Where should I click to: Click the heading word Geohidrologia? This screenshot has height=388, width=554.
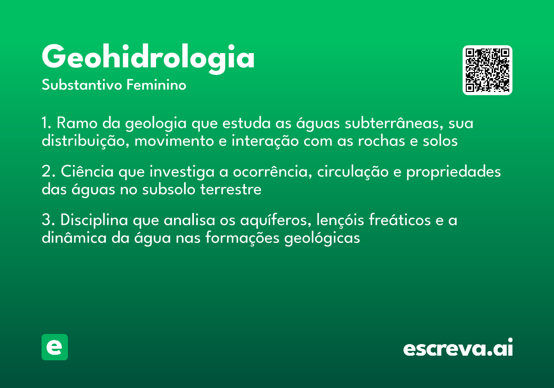148,58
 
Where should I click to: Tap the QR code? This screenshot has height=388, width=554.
488,70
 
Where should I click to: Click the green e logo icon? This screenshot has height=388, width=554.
54,347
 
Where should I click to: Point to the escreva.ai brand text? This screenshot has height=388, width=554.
458,348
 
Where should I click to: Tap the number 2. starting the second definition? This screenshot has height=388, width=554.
48,172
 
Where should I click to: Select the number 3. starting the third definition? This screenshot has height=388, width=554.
48,220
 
